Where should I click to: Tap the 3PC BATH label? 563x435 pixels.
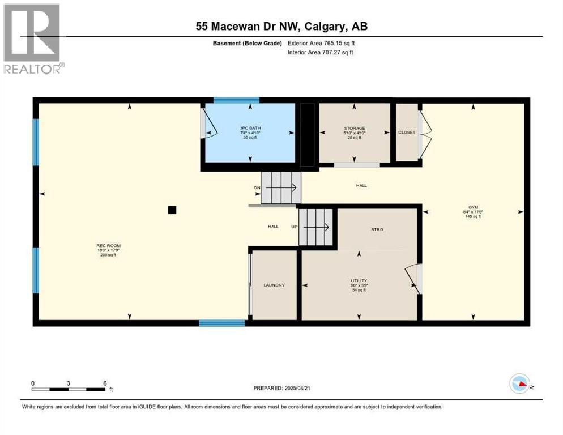click(x=250, y=128)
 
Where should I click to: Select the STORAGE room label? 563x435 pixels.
click(x=354, y=128)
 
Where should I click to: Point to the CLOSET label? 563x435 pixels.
click(x=407, y=133)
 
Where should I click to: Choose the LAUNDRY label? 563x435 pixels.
click(x=274, y=285)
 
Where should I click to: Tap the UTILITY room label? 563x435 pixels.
click(x=359, y=280)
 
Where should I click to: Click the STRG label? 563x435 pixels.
click(x=377, y=229)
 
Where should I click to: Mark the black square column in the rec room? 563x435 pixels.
click(x=172, y=210)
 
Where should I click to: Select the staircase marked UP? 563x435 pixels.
click(x=316, y=227)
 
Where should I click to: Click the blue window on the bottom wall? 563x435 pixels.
click(x=221, y=323)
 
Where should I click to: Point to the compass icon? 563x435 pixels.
click(x=520, y=383)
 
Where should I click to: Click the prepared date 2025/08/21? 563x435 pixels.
click(x=281, y=388)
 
